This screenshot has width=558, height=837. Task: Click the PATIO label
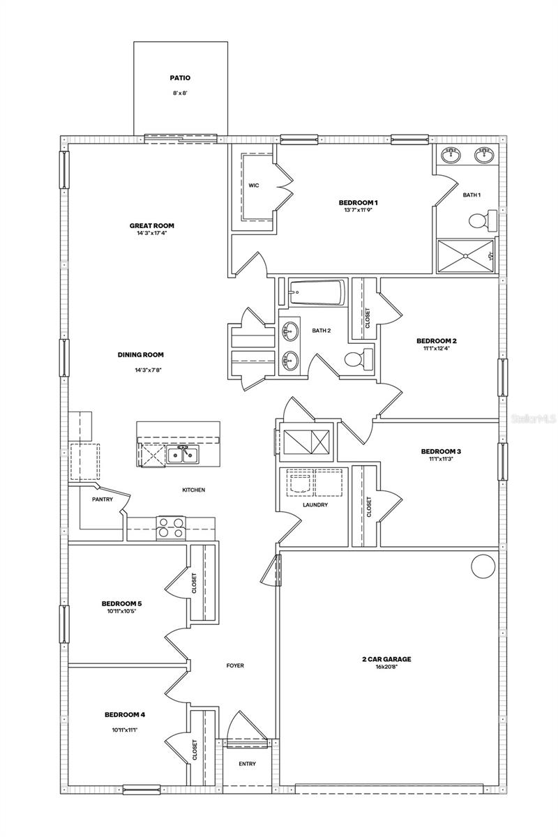click(180, 78)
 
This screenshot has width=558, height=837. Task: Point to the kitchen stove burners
click(171, 527)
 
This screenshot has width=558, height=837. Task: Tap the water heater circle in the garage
click(483, 566)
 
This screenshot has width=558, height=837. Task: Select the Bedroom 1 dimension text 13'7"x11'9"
click(358, 210)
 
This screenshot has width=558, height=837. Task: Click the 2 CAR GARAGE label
click(386, 658)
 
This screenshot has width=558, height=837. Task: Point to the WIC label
click(254, 186)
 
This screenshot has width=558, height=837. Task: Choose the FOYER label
click(235, 665)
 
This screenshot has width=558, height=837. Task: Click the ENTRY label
click(247, 764)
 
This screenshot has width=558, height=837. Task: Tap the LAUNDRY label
click(315, 504)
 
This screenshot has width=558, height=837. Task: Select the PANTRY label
click(103, 499)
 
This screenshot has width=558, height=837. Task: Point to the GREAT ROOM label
click(151, 225)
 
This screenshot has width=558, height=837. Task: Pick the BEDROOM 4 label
click(125, 714)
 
